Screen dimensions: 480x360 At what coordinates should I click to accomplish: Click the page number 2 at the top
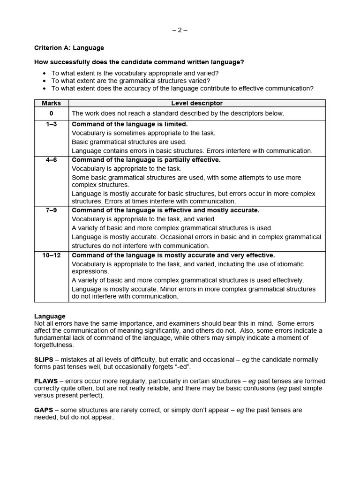click(180, 30)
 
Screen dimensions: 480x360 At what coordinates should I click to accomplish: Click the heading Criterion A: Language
click(69, 48)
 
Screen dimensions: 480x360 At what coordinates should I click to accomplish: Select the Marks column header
click(51, 103)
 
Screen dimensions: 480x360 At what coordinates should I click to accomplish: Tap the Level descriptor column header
click(197, 103)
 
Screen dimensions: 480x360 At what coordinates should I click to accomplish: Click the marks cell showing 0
click(51, 113)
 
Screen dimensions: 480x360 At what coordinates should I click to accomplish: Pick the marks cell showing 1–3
click(51, 124)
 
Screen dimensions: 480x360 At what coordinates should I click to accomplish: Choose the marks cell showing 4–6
click(51, 160)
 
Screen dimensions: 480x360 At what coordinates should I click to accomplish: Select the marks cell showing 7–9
click(51, 210)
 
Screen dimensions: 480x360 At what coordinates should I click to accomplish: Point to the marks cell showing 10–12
click(51, 255)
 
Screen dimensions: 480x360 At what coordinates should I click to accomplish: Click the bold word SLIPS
click(44, 360)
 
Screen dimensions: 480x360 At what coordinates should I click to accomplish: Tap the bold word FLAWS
click(45, 381)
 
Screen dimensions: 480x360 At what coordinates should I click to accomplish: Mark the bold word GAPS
click(43, 410)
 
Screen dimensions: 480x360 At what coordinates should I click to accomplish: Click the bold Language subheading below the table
click(50, 316)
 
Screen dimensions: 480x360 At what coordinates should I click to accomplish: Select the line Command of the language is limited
click(129, 124)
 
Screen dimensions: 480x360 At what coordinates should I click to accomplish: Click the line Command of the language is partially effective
click(146, 160)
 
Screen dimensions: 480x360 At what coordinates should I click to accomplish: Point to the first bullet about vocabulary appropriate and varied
click(135, 73)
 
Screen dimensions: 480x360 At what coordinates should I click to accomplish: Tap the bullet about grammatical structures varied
click(130, 81)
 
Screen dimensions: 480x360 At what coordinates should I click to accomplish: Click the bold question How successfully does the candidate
click(139, 62)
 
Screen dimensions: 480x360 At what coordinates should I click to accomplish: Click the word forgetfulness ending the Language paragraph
click(54, 345)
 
